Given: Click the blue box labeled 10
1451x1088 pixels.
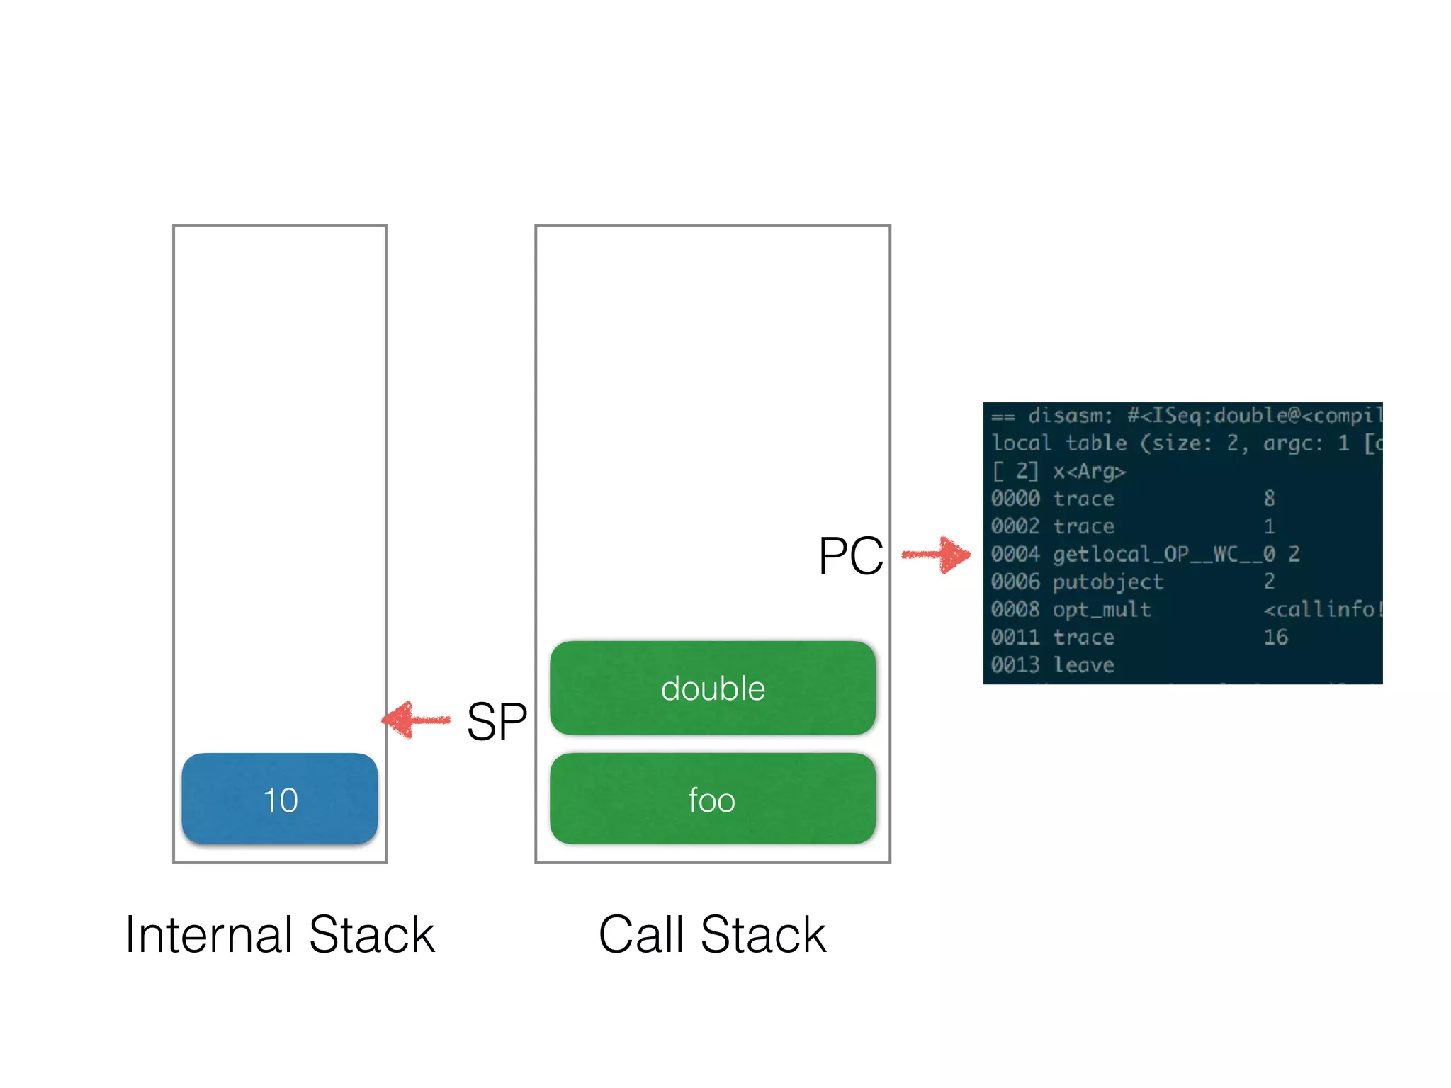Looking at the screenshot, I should (279, 799).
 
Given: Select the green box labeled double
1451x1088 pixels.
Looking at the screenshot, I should (713, 688).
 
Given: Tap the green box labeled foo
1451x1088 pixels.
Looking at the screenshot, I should (713, 799).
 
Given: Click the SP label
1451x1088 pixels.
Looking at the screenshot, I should (496, 722).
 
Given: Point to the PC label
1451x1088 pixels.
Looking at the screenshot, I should (850, 556).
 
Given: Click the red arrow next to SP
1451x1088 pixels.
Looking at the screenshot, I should (416, 720).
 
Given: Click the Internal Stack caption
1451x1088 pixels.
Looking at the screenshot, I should (279, 935).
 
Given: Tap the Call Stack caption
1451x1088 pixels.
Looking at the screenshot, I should (712, 935).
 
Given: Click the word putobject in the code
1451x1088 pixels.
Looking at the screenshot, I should (1107, 582).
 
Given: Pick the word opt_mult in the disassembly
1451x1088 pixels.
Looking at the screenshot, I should (1101, 610).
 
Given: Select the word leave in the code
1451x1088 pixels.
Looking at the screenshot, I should (1083, 665).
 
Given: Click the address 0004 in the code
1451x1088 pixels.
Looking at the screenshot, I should (1015, 554).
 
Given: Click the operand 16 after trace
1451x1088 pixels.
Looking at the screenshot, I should (1275, 637).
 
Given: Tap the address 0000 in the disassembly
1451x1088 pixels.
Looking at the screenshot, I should (1015, 499).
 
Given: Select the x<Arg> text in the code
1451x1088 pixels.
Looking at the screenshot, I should (1089, 472).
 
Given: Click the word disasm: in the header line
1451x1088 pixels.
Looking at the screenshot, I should (1070, 416).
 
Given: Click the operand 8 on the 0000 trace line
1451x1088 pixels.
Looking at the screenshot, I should (1269, 499).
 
